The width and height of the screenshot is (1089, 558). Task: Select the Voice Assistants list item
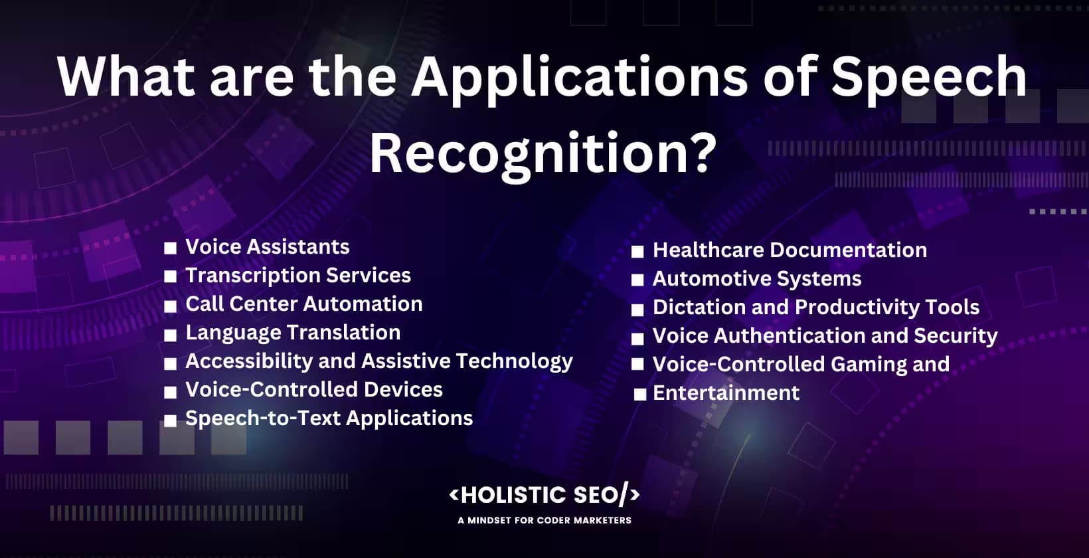click(x=267, y=247)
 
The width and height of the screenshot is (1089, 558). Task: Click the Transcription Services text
click(x=297, y=276)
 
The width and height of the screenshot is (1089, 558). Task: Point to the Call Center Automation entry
click(x=303, y=304)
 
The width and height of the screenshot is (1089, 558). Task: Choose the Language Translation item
click(x=292, y=333)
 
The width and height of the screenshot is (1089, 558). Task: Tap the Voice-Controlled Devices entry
click(x=313, y=390)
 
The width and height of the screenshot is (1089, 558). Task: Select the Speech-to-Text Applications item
click(x=329, y=418)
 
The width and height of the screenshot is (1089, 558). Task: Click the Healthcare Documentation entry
click(x=790, y=250)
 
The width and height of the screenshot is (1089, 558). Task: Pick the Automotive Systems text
click(x=756, y=279)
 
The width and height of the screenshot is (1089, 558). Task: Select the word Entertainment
click(x=726, y=393)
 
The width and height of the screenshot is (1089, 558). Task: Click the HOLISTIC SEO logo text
click(x=544, y=495)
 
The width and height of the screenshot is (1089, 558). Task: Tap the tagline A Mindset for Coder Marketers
click(x=544, y=521)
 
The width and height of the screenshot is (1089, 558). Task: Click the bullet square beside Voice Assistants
click(x=171, y=248)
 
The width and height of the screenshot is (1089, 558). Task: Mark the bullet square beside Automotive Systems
click(x=637, y=280)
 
